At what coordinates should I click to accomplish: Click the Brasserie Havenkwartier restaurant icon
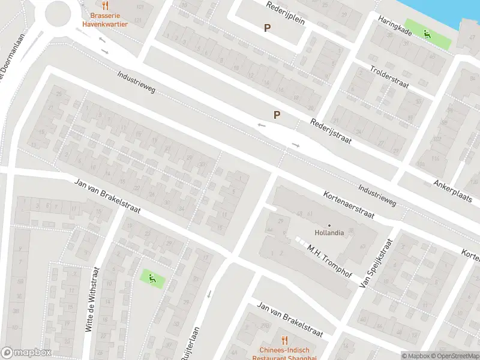point(105,5)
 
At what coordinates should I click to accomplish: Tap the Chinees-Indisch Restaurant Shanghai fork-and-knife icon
point(284,340)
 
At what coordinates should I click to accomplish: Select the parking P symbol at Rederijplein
point(267,28)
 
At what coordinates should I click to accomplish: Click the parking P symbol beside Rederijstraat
point(277,115)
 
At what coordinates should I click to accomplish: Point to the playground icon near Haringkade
point(427,34)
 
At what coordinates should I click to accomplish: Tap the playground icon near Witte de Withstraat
point(151,278)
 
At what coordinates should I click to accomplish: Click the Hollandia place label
point(329,233)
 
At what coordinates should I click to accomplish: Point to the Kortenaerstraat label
point(349,205)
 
